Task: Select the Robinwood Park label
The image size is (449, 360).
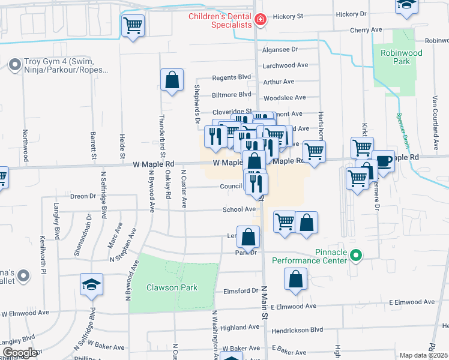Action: click(x=402, y=57)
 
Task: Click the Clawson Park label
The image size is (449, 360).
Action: click(x=172, y=287)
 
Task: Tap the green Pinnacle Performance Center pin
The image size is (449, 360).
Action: click(x=356, y=256)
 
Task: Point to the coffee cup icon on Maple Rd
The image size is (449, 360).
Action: click(x=382, y=161)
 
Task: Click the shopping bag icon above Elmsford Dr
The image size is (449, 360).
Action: click(x=295, y=279)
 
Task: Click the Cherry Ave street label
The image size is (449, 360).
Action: click(x=366, y=29)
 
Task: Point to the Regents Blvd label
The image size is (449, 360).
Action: click(x=232, y=77)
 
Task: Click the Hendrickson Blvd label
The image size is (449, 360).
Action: click(x=297, y=329)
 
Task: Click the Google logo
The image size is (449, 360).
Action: click(x=19, y=352)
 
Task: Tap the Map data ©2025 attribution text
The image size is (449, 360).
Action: click(x=423, y=355)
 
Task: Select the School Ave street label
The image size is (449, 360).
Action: click(x=239, y=209)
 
